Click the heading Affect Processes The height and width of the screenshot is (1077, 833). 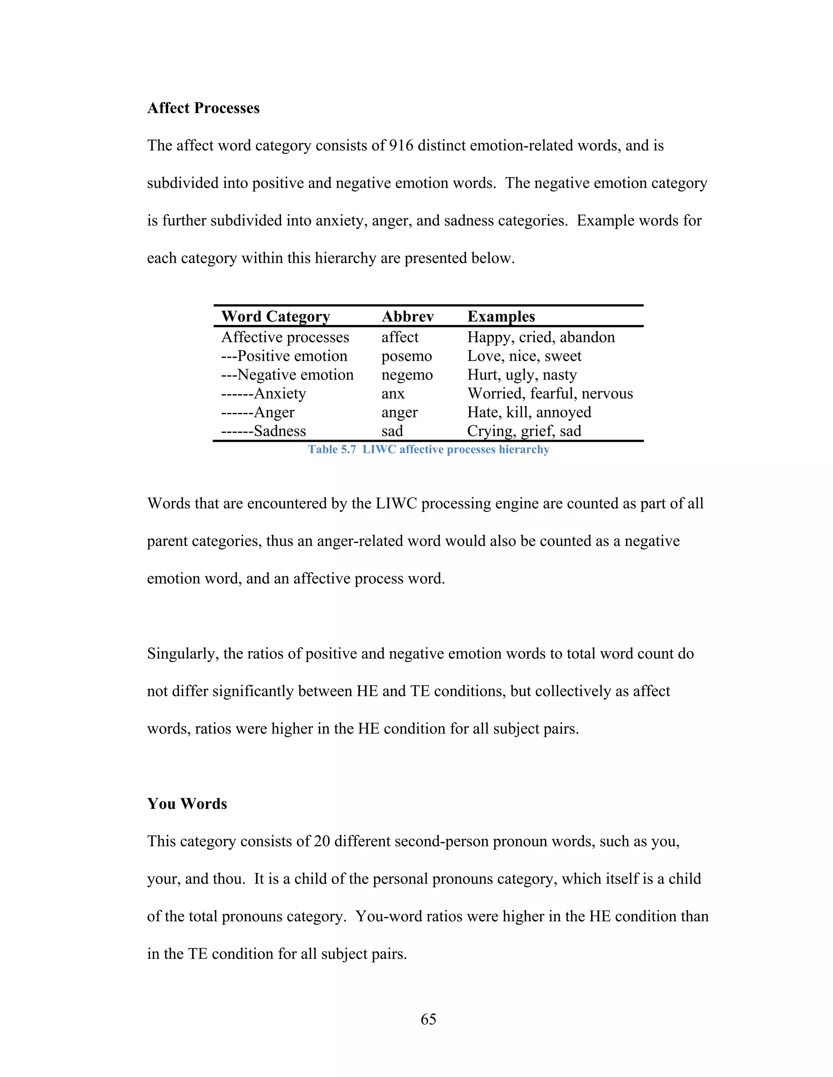(x=203, y=108)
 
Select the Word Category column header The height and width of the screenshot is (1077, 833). (x=275, y=316)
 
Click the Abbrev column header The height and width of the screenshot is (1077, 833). (x=407, y=316)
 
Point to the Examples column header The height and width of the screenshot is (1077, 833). (x=501, y=316)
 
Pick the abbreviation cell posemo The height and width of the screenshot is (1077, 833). (x=407, y=356)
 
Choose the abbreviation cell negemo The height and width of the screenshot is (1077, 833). (x=407, y=375)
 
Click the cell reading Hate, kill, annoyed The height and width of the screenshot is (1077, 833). (x=529, y=412)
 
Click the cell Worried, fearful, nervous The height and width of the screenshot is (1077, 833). (x=550, y=393)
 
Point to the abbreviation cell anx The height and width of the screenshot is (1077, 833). (x=393, y=393)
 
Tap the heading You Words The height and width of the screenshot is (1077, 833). (x=187, y=804)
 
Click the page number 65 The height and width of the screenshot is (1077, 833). (x=428, y=1019)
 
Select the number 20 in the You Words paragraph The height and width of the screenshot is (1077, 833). (x=322, y=841)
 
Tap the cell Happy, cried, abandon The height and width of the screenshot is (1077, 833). (x=541, y=337)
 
